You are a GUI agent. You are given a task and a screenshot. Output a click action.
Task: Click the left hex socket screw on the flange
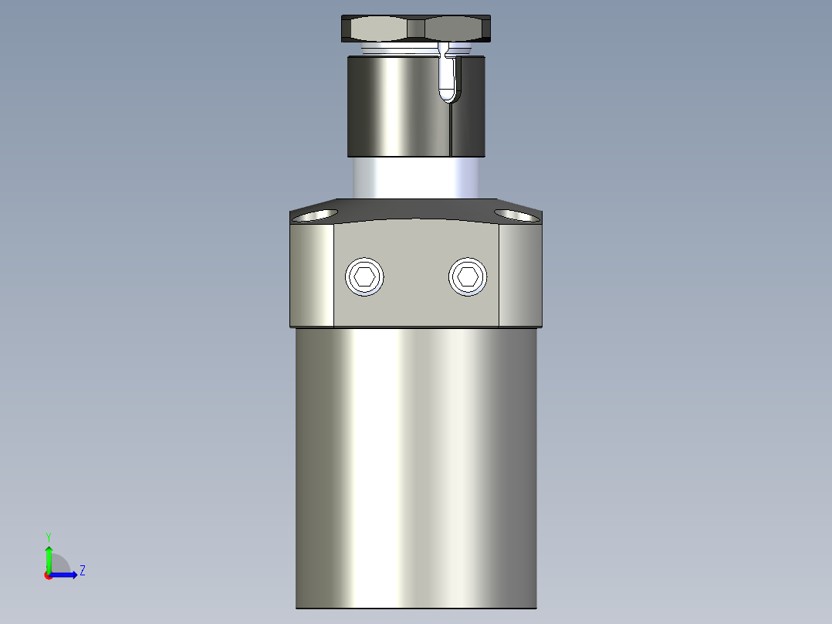365,276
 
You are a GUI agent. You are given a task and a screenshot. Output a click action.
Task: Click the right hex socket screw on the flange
468,276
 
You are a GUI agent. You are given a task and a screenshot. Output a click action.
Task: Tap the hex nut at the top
418,29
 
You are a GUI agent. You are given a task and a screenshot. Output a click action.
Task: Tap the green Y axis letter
48,536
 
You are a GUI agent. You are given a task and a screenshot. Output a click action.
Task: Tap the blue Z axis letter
82,571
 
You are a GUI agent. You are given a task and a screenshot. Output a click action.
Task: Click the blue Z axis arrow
66,575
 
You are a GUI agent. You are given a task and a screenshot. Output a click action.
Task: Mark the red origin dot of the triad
48,575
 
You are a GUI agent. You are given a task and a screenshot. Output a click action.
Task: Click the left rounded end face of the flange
312,274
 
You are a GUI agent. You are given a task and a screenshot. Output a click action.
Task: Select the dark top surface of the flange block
417,209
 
